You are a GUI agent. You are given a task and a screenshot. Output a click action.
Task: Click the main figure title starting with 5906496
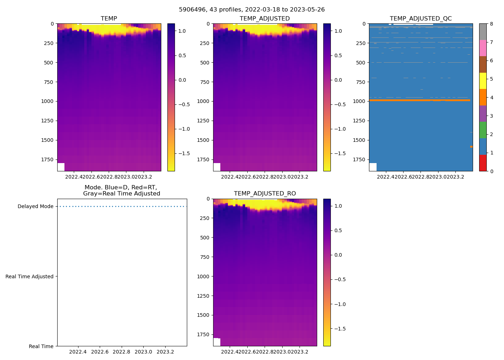point(252,9)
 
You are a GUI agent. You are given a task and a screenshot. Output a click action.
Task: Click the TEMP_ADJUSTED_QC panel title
point(420,18)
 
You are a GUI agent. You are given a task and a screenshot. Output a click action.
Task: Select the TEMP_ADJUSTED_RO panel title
point(265,193)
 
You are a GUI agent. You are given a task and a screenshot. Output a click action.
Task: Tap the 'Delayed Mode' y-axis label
point(35,206)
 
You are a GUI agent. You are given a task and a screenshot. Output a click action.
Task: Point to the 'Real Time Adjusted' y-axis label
point(29,276)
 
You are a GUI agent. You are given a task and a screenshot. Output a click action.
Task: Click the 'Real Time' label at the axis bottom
point(41,346)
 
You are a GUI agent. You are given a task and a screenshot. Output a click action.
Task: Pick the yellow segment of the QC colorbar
point(483,81)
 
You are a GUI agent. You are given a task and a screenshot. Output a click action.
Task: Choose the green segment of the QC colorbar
point(483,130)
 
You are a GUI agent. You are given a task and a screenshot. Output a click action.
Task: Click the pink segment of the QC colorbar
point(483,48)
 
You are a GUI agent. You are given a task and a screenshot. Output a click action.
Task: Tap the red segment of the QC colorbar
point(483,163)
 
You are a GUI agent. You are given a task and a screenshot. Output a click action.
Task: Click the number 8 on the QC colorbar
point(491,24)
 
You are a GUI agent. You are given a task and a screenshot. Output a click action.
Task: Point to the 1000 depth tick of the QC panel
point(359,101)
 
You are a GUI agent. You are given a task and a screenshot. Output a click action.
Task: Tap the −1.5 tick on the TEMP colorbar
point(184,153)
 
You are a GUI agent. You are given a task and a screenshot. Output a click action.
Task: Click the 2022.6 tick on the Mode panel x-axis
point(100,352)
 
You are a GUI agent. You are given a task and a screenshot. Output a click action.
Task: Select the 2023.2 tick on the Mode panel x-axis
point(165,352)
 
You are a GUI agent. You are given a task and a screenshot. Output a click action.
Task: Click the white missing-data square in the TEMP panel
point(61,167)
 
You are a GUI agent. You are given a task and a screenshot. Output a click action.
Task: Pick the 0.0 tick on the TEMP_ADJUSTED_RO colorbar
point(338,255)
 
